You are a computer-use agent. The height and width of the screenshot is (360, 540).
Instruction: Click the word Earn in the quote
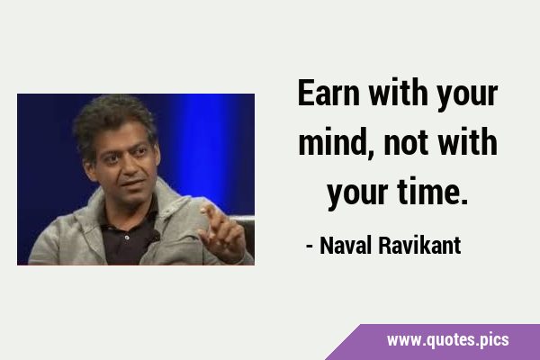click(x=328, y=93)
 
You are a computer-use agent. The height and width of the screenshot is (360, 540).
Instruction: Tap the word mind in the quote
click(x=333, y=142)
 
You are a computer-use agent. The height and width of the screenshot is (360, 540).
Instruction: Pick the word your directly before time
click(x=358, y=195)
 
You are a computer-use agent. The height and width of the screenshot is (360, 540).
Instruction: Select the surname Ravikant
click(x=419, y=246)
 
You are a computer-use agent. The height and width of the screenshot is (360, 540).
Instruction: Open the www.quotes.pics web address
click(x=447, y=340)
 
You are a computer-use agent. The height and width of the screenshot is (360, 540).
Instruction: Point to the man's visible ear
click(x=89, y=169)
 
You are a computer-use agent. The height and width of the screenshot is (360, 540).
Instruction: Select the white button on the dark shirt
click(x=127, y=238)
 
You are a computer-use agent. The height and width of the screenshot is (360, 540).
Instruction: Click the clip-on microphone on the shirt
click(x=155, y=237)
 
